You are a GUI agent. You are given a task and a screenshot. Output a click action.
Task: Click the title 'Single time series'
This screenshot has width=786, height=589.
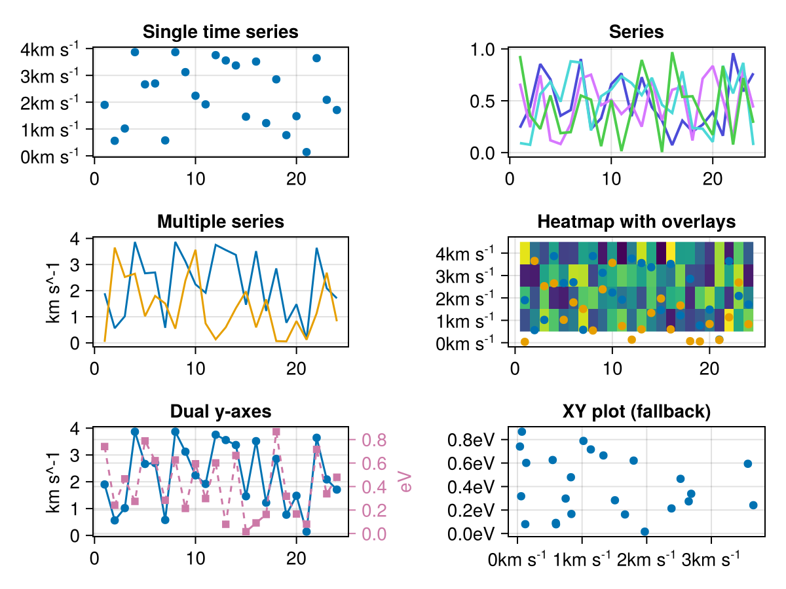pos(220,31)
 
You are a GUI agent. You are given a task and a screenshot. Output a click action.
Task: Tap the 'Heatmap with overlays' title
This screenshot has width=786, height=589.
pos(636,222)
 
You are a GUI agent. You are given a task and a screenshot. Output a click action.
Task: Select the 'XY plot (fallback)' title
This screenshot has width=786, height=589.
pos(636,412)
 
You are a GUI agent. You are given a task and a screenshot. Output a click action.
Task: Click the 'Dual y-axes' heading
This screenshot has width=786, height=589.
pos(220,412)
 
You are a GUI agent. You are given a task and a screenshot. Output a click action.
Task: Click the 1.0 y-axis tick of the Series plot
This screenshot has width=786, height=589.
pos(485,50)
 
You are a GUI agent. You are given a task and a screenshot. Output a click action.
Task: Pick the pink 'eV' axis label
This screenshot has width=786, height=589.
pos(406,481)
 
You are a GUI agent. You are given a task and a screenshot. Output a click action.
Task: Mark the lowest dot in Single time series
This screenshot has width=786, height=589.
pos(307,152)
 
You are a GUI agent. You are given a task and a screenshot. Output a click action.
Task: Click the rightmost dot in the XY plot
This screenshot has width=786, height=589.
pos(753,505)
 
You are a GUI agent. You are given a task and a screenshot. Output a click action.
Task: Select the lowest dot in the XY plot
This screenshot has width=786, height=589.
pos(645,531)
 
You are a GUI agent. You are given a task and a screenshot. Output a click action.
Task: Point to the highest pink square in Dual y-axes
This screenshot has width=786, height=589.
pos(276,432)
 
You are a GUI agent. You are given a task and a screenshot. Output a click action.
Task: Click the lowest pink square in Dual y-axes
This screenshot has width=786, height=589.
pos(246,531)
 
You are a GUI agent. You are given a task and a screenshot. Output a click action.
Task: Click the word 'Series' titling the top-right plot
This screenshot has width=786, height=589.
pos(636,31)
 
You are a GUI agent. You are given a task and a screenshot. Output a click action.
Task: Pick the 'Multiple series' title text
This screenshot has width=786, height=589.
pos(220,222)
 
